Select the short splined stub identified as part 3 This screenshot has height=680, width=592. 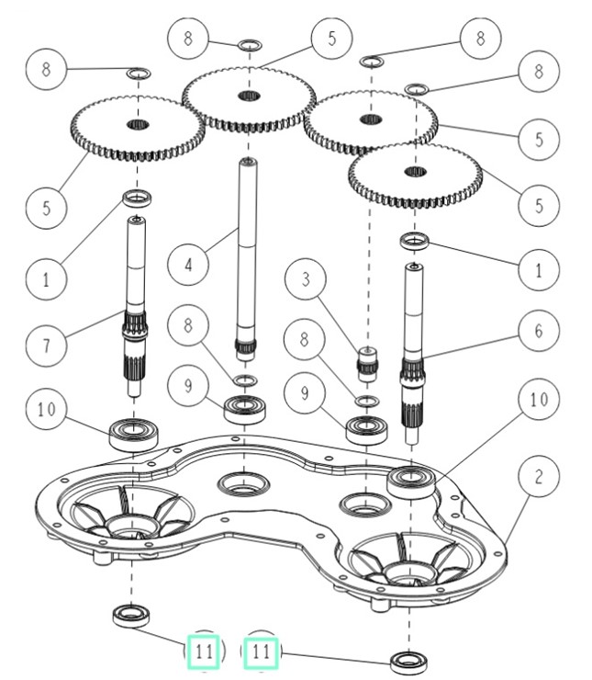pos(368,362)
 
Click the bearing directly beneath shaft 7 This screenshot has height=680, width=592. pos(134,432)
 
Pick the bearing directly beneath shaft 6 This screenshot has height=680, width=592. pos(409,482)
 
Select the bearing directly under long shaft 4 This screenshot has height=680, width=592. pos(245,407)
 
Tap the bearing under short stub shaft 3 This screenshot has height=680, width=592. pos(367,429)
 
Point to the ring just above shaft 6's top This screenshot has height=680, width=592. pos(415,242)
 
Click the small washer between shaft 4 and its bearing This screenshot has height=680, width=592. pos(244,380)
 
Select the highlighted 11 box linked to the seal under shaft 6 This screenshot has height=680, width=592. pos(262,653)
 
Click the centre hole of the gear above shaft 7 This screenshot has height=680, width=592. pos(137,124)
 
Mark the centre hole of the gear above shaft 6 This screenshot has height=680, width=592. pos(415,172)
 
